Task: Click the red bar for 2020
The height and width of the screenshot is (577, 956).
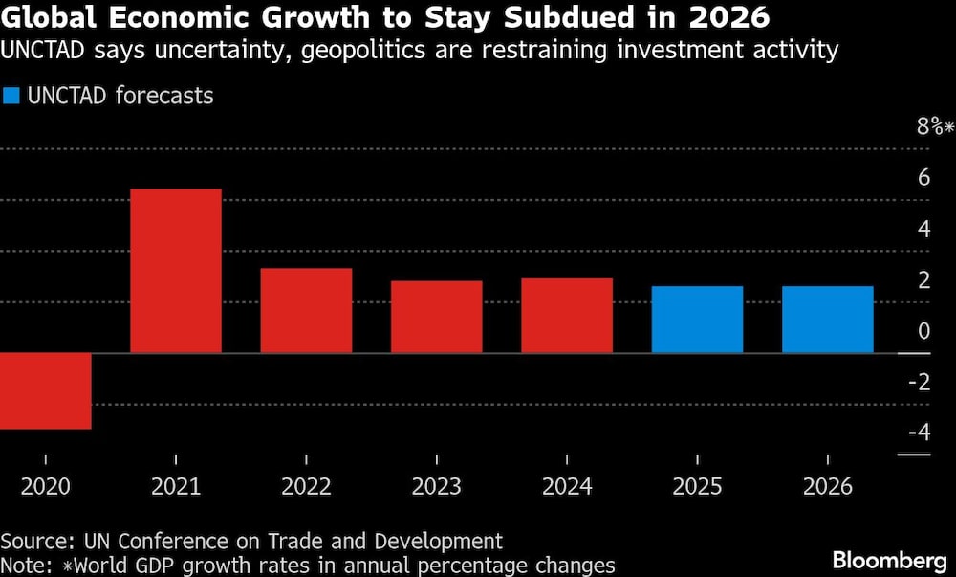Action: pos(45,390)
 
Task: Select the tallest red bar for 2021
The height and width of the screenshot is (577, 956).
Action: pos(176,271)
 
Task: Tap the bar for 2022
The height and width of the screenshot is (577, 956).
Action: pos(306,310)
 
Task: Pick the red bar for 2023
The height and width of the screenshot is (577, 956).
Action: pos(436,317)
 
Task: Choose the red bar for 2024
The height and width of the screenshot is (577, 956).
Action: pos(567,316)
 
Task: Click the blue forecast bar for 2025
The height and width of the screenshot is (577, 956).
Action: pos(697,320)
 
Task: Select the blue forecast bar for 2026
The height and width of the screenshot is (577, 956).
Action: pos(827,320)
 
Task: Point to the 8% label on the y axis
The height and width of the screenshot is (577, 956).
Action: pos(929,127)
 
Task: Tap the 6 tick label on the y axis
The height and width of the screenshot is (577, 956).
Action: pos(923,178)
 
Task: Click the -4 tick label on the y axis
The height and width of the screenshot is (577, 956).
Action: pos(919,433)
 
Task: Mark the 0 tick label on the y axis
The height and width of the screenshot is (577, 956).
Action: pos(923,331)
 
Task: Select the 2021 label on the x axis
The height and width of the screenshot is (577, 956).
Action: pos(176,487)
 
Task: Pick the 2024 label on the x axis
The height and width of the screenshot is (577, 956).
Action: pos(567,487)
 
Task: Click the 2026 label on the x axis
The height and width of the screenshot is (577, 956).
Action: pos(827,487)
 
